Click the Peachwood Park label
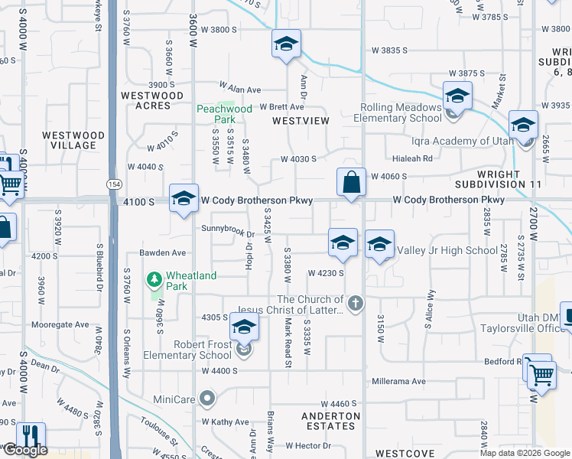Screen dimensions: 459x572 224,114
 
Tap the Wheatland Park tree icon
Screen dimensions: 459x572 154,278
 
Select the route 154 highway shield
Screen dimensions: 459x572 114,185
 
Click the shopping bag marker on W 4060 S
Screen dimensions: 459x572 351,183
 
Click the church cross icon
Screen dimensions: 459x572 354,304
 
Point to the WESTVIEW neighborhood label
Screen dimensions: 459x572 301,121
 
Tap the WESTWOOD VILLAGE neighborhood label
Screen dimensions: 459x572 73,140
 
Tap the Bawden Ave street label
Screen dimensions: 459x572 162,252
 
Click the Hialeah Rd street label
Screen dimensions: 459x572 412,158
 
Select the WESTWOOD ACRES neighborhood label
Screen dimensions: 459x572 152,100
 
